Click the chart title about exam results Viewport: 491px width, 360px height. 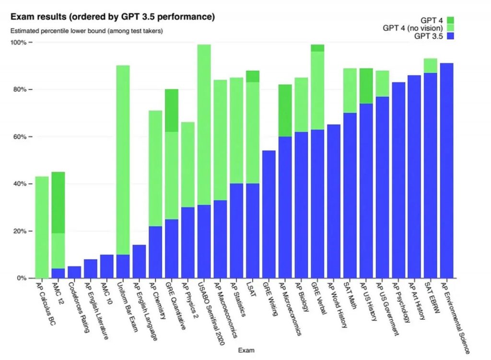point(112,17)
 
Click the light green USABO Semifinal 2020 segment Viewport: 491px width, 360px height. point(204,125)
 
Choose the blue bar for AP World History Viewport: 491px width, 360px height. point(333,201)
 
